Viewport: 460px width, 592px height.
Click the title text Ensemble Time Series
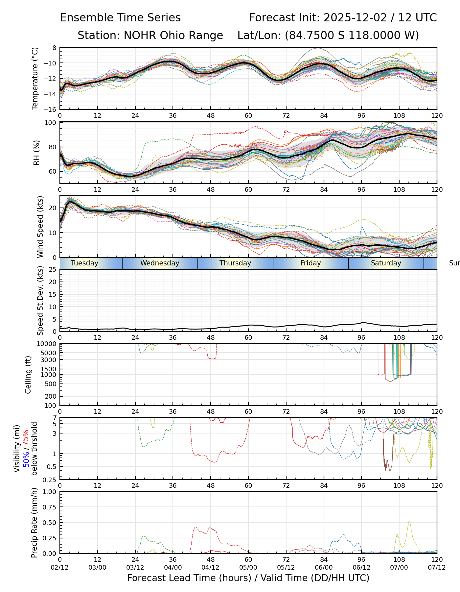pos(120,18)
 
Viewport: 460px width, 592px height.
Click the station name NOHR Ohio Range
pos(173,36)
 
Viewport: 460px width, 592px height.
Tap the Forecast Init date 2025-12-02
pos(355,18)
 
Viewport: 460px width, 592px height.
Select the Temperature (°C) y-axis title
pos(35,78)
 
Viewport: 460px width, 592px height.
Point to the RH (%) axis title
pos(36,153)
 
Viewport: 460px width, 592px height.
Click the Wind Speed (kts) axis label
pos(40,227)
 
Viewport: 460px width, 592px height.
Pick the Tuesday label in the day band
pos(84,263)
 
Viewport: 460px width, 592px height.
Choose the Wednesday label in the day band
pos(160,263)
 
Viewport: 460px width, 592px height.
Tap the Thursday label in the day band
pos(235,263)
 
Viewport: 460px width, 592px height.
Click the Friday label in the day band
pos(310,263)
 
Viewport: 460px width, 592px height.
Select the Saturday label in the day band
pos(386,263)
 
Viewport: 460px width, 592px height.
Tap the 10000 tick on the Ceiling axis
pos(48,344)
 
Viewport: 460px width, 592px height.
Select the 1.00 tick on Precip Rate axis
pos(50,492)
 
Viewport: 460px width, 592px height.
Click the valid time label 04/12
pos(211,568)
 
